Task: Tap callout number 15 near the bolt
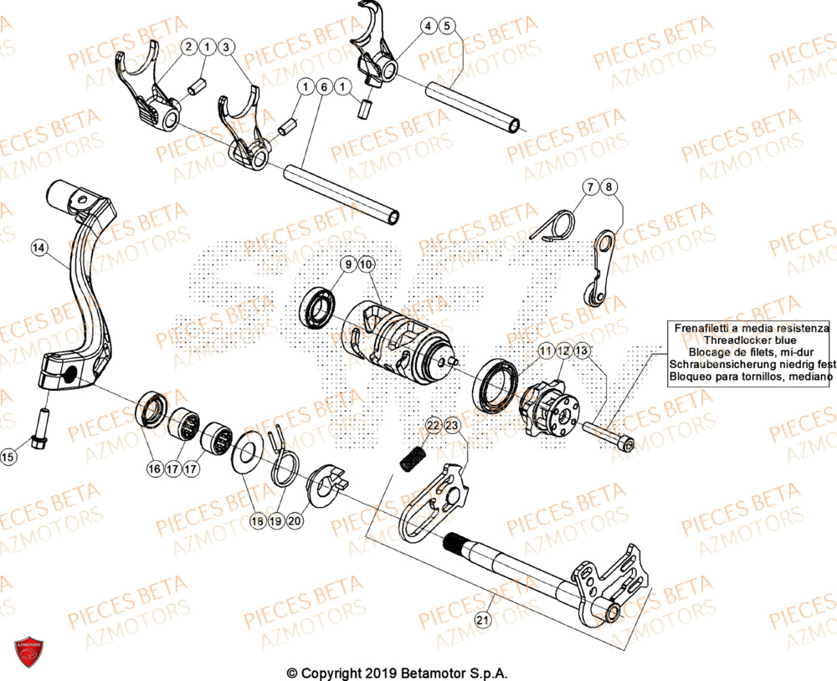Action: (x=8, y=457)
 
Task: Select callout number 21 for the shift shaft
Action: (x=481, y=620)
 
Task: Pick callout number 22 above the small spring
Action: (x=433, y=427)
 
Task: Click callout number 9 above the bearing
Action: (x=347, y=265)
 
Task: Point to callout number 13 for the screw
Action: (x=583, y=351)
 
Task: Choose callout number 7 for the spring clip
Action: (x=590, y=187)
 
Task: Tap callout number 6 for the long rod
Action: (x=323, y=87)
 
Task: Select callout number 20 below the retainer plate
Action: (x=294, y=520)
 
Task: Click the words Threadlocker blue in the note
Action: (x=748, y=341)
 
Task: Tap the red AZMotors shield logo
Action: (x=29, y=653)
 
